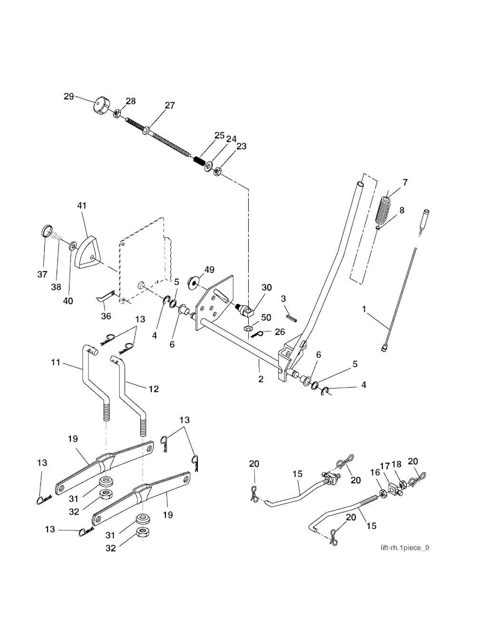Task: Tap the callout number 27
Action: click(x=170, y=106)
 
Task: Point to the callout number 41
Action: click(x=82, y=205)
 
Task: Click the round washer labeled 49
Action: click(x=194, y=283)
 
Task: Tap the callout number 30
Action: click(x=266, y=288)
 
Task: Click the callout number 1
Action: click(x=364, y=309)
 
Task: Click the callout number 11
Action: click(x=56, y=362)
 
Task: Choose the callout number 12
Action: click(x=153, y=389)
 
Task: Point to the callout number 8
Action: click(x=402, y=210)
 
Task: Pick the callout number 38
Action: click(x=56, y=287)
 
